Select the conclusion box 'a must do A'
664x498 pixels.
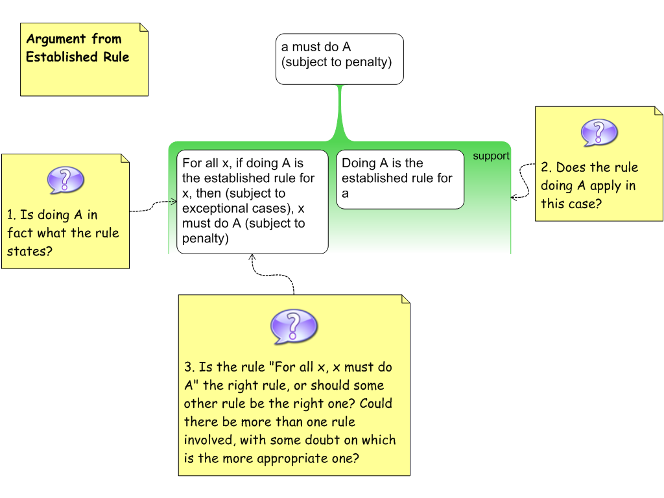click(x=339, y=59)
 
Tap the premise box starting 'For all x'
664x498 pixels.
click(x=252, y=201)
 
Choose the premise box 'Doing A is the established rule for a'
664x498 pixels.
click(x=399, y=179)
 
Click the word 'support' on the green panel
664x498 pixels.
click(x=491, y=156)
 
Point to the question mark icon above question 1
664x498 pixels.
click(x=65, y=180)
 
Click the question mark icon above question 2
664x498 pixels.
click(x=599, y=132)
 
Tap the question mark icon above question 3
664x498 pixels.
click(x=294, y=326)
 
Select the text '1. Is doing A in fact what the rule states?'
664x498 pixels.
click(x=64, y=233)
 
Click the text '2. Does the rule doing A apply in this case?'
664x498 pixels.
click(x=589, y=185)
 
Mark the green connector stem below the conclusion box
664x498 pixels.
click(x=339, y=110)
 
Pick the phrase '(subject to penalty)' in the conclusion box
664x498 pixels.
click(x=337, y=63)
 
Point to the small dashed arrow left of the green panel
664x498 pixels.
click(x=172, y=202)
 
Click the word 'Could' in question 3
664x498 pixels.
click(x=376, y=403)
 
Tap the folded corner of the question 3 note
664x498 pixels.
click(x=405, y=300)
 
